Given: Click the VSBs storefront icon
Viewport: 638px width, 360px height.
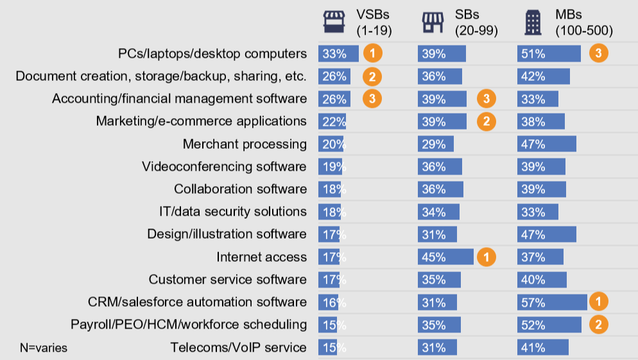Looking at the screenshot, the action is [x=334, y=22].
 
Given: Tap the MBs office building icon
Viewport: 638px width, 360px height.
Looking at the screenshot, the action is [x=533, y=22].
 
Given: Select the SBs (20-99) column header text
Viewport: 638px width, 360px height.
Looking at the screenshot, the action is [x=476, y=22].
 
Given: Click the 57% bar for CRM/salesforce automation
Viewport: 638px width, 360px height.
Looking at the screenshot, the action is [x=552, y=302].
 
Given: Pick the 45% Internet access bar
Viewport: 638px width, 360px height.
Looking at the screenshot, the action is [x=445, y=257].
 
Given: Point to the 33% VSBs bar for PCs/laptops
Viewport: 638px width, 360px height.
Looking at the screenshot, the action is [x=338, y=54].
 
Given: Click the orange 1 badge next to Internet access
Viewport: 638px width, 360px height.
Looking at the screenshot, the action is [x=487, y=257].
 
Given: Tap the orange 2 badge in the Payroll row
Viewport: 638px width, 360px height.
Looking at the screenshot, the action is [x=599, y=325].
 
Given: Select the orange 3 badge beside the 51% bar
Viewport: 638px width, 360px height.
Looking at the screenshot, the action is [x=599, y=53].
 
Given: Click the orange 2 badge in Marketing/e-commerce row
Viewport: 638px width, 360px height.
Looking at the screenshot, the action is [x=487, y=121].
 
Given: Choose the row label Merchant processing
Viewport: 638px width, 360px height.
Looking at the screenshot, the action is [x=245, y=144].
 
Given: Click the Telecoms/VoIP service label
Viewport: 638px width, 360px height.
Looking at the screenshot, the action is [x=238, y=347].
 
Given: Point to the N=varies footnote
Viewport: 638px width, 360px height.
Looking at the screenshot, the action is [x=44, y=348].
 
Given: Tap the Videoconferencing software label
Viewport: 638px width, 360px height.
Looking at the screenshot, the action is [x=224, y=166].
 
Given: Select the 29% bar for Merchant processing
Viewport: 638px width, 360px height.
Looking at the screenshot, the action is [x=436, y=144].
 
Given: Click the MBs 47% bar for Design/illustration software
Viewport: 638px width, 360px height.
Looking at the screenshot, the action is [x=547, y=234].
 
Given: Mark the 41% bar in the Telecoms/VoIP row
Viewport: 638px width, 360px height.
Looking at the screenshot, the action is [x=543, y=347].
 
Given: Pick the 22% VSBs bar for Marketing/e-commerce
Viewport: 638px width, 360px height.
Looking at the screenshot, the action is [x=332, y=121].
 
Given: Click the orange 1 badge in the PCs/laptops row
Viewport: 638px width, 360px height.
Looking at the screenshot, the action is [x=372, y=53].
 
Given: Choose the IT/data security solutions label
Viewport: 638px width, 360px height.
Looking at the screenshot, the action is [x=233, y=212].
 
